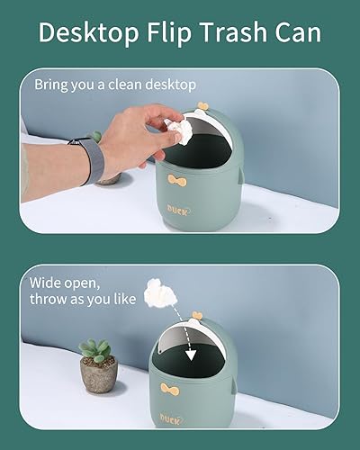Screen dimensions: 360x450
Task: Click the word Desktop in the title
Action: [88, 32]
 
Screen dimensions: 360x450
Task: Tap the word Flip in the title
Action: [169, 32]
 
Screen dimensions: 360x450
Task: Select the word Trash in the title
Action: [233, 31]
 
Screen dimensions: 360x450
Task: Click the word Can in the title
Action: [298, 31]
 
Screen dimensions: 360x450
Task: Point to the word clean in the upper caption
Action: [126, 85]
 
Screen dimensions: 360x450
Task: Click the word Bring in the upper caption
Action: [51, 85]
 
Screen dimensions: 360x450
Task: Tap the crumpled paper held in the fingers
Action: [179, 130]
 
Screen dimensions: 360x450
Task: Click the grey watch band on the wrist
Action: [89, 160]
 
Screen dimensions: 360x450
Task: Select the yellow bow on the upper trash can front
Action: [177, 181]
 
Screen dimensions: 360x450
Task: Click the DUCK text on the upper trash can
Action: [178, 211]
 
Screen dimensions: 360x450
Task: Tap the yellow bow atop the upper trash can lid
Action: [203, 106]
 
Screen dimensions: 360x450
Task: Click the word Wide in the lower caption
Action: [44, 283]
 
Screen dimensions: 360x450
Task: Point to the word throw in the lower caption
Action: [49, 299]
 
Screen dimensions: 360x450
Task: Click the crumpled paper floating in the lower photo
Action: [160, 293]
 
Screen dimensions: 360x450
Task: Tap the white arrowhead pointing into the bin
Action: [191, 355]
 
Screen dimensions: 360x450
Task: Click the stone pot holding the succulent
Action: [99, 374]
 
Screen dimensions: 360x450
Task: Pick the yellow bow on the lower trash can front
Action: [170, 389]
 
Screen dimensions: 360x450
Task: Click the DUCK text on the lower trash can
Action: [171, 418]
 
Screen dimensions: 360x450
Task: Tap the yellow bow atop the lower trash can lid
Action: [197, 315]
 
